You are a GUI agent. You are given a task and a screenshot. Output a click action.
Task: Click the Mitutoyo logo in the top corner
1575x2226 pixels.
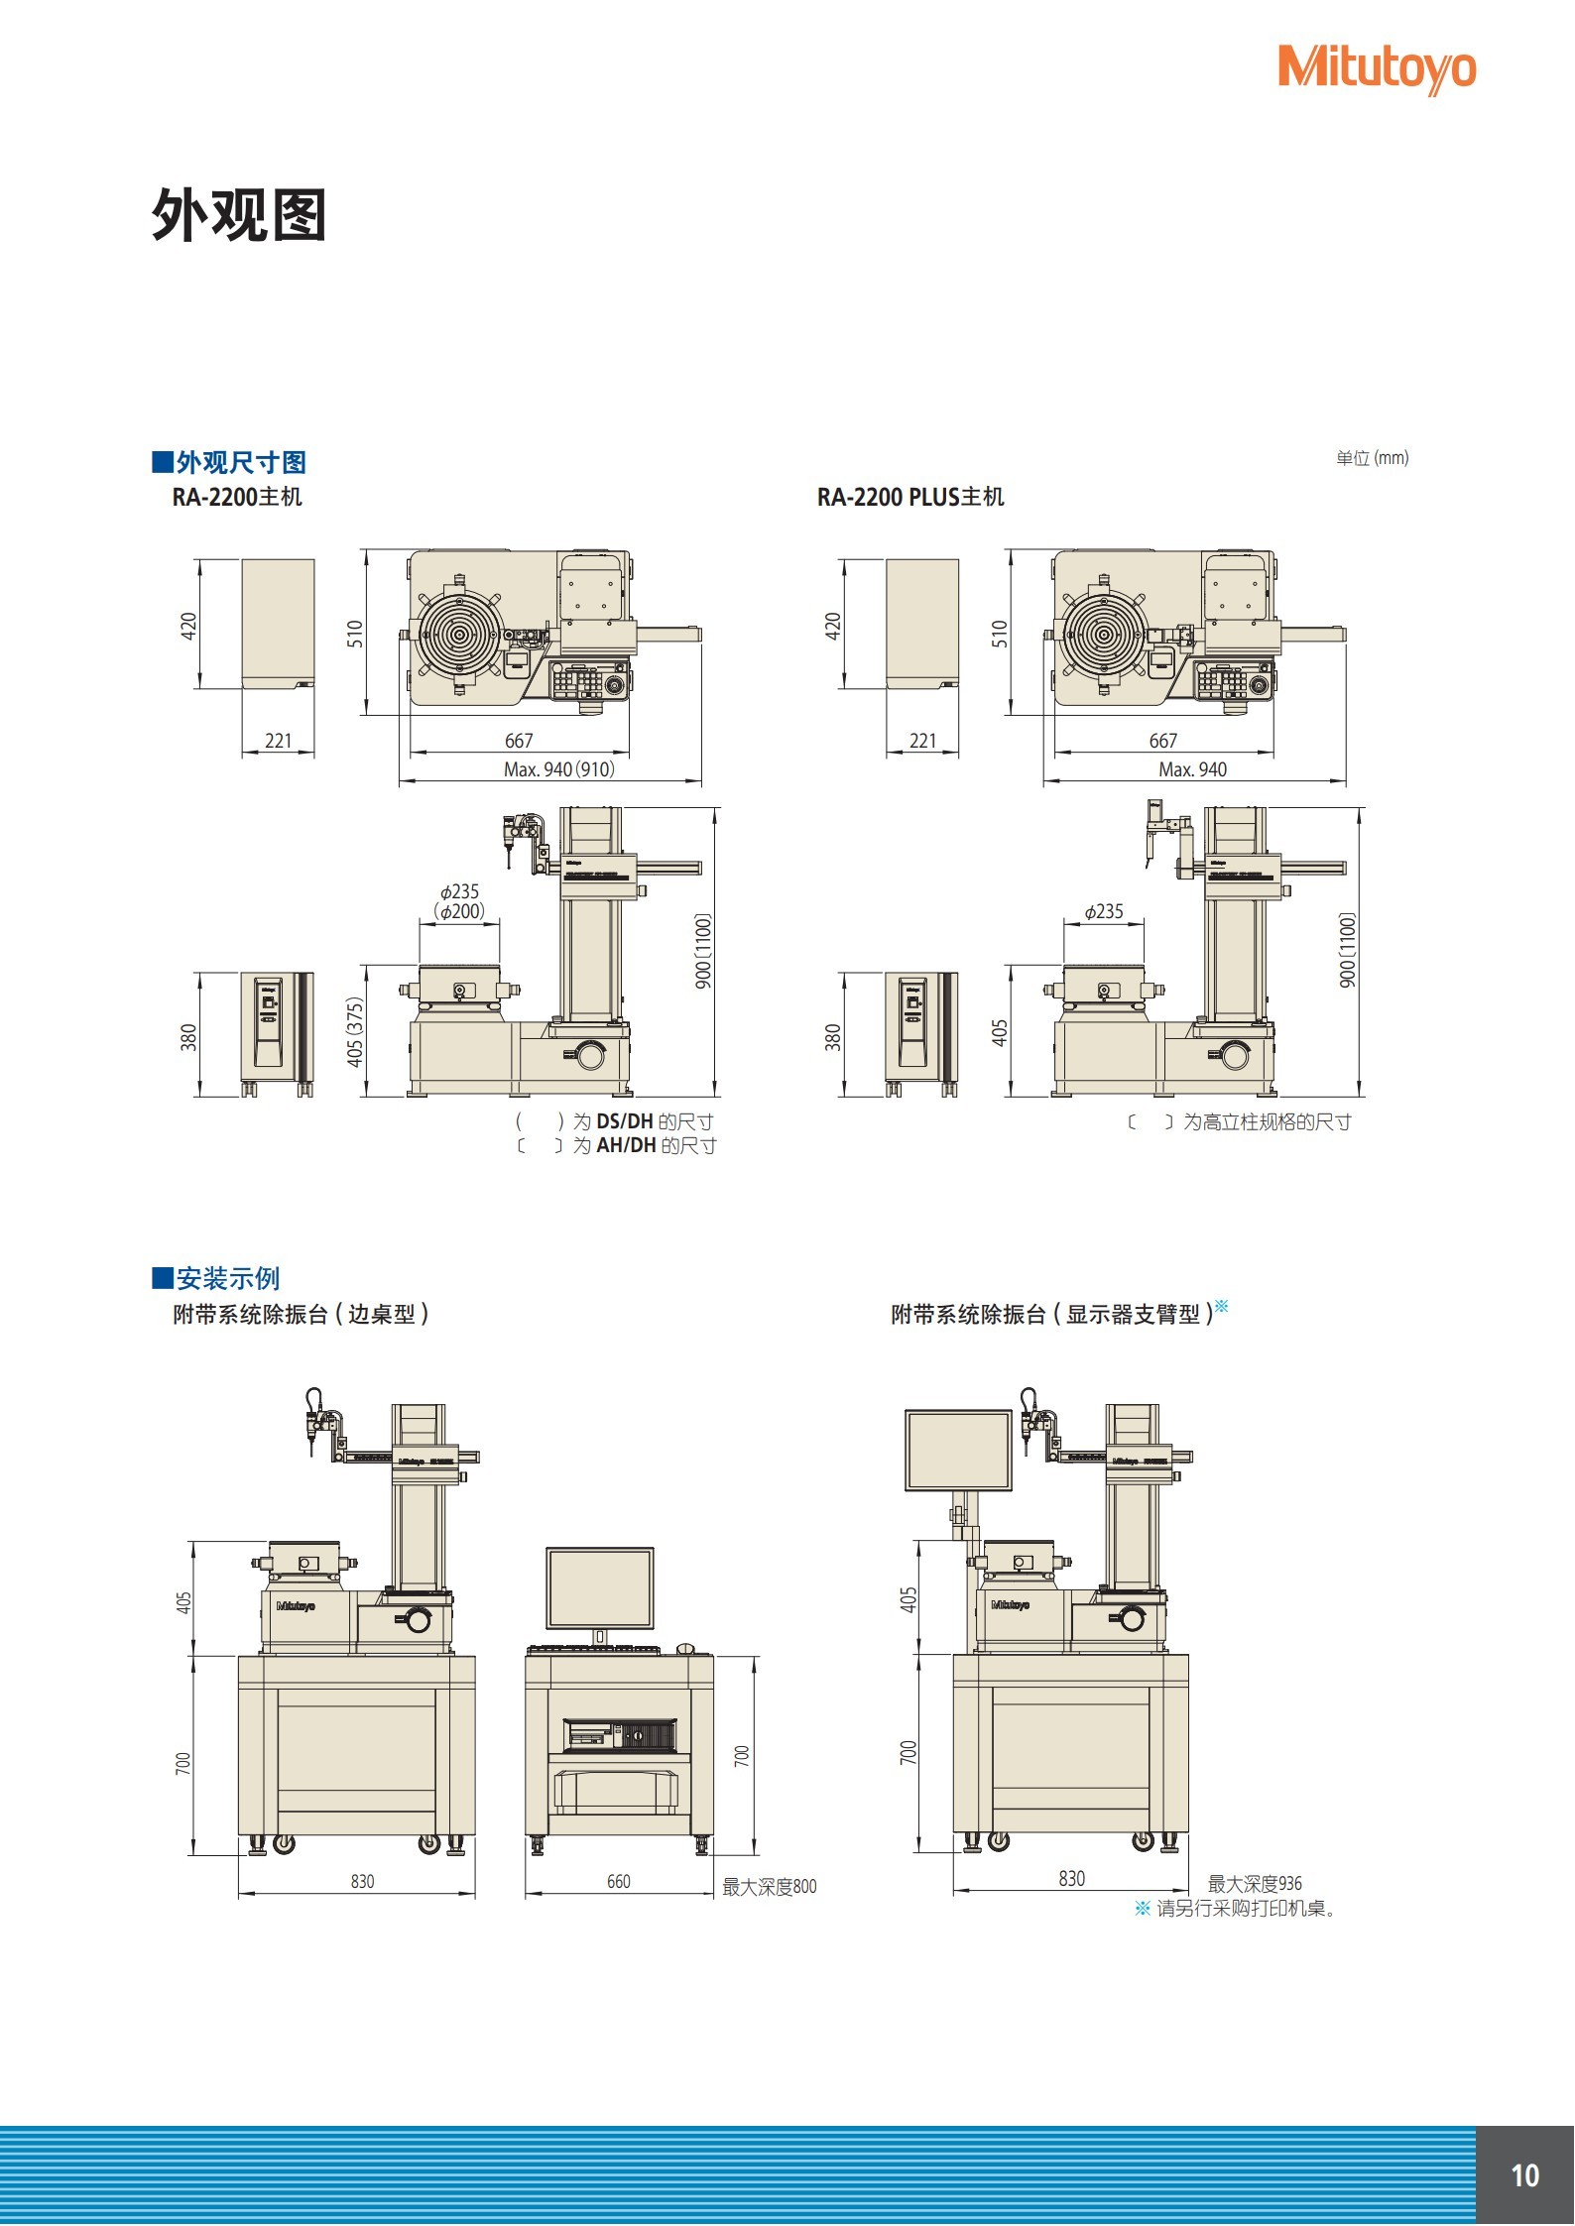(1376, 68)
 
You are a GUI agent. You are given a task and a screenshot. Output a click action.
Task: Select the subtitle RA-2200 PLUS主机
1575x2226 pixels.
(909, 497)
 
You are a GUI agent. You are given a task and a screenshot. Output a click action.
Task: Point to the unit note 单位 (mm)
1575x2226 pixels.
(1372, 458)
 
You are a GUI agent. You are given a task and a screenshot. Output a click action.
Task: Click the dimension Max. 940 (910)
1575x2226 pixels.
(559, 769)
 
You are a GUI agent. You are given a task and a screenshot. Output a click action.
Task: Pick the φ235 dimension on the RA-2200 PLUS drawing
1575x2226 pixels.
(1104, 911)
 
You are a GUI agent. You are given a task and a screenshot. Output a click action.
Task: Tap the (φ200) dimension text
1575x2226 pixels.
(459, 911)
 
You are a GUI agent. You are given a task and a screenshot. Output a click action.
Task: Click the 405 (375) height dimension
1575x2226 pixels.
(355, 1032)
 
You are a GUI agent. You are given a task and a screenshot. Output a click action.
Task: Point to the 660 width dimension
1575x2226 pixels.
(618, 1881)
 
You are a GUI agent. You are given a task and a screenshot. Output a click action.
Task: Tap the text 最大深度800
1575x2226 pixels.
(769, 1886)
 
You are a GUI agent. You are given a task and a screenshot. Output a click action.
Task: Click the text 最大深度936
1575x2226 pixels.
(1254, 1883)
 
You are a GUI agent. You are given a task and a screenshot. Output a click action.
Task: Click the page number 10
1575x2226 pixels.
(1524, 2175)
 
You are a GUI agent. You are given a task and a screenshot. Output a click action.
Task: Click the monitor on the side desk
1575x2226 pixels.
(600, 1587)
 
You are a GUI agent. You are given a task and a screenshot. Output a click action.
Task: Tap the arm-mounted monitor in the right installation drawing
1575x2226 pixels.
(958, 1451)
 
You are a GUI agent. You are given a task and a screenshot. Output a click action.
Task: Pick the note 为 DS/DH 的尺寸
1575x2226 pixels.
(643, 1121)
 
